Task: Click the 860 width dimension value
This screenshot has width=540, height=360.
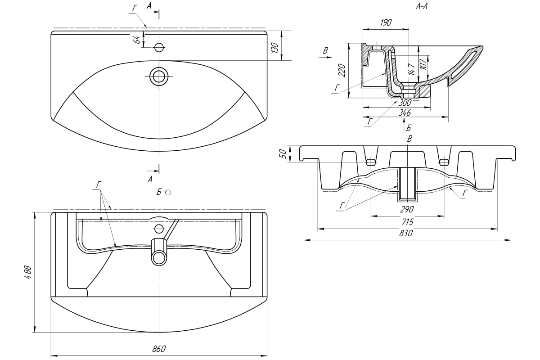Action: pos(159,348)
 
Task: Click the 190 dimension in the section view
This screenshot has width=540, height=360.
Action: pos(386,23)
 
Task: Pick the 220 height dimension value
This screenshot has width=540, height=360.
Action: pos(342,70)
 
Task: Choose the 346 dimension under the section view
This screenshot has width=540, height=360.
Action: pos(405,112)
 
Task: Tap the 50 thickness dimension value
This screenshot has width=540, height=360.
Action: pos(283,153)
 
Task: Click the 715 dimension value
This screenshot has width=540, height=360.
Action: pos(407,222)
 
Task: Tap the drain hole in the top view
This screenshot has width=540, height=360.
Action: pos(159,76)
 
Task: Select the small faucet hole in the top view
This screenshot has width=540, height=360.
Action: pos(159,47)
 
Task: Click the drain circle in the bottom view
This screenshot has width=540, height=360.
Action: pos(159,257)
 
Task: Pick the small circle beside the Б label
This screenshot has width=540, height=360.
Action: pos(168,193)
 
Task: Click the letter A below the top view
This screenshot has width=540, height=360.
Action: pos(150,179)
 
